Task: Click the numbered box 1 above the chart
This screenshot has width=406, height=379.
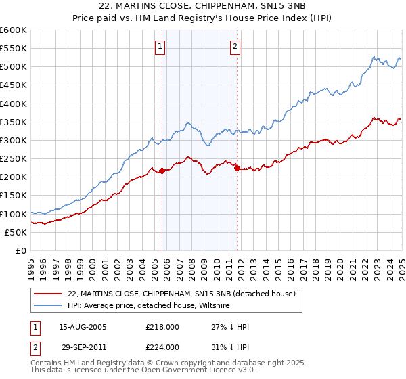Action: pyautogui.click(x=160, y=47)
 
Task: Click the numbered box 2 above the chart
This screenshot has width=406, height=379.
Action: pyautogui.click(x=235, y=47)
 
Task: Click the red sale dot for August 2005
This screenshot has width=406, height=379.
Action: pyautogui.click(x=162, y=171)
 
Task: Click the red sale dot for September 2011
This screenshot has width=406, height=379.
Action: pyautogui.click(x=238, y=169)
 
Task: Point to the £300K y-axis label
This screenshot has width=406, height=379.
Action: pyautogui.click(x=14, y=140)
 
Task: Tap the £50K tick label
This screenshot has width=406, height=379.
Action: pyautogui.click(x=16, y=232)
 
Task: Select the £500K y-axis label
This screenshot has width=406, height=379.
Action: pyautogui.click(x=14, y=67)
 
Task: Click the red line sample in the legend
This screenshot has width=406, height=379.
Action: pyautogui.click(x=49, y=294)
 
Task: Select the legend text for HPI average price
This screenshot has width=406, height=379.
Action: pyautogui.click(x=149, y=306)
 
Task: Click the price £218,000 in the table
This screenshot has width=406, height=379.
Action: pyautogui.click(x=162, y=327)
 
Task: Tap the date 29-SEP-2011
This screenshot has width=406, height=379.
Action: pyautogui.click(x=83, y=347)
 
